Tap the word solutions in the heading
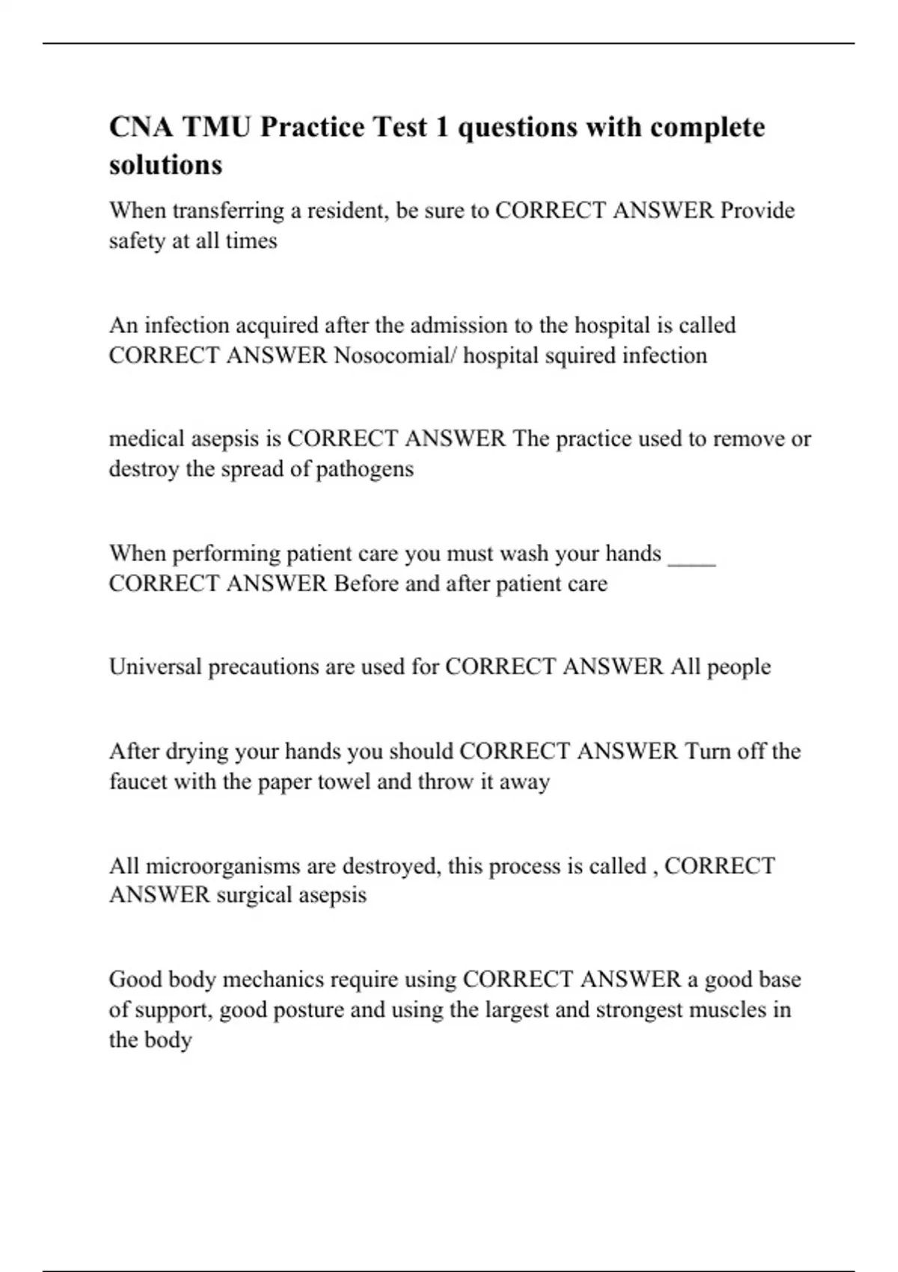[165, 165]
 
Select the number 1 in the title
[442, 127]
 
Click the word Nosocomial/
[394, 355]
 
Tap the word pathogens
[364, 469]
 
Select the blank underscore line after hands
[691, 554]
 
